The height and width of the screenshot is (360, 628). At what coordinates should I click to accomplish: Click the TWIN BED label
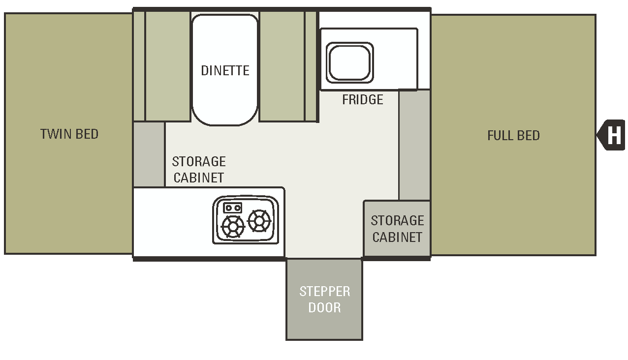click(69, 134)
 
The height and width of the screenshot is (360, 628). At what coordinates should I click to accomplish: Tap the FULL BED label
click(513, 136)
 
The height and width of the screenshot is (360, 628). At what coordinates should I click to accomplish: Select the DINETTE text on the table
click(225, 70)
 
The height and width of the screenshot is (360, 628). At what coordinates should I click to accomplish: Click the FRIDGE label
click(363, 100)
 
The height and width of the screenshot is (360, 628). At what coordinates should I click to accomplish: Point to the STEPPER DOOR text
click(324, 299)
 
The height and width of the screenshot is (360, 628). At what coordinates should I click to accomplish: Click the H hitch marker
click(613, 135)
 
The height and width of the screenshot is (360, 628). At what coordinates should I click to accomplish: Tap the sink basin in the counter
click(350, 62)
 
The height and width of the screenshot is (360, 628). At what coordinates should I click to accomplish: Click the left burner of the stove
click(233, 227)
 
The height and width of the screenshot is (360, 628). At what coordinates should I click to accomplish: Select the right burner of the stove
click(259, 221)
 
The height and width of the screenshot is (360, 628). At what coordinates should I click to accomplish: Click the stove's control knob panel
click(232, 208)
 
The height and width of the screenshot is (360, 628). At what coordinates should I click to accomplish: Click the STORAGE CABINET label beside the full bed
click(397, 229)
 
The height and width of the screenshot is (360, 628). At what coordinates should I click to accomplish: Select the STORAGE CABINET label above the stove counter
click(199, 170)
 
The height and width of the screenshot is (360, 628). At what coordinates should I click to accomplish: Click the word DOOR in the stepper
click(324, 308)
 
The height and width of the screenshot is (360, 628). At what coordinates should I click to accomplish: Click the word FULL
click(499, 136)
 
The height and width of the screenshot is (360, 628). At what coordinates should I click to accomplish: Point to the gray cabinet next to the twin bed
click(149, 154)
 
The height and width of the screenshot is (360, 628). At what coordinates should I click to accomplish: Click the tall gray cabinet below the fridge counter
click(414, 145)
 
